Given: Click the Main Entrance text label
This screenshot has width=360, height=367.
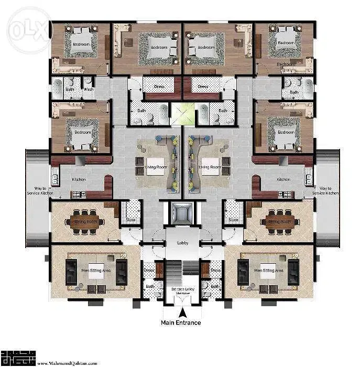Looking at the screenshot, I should (x=180, y=322).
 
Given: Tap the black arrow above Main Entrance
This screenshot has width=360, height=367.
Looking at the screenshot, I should (x=181, y=312).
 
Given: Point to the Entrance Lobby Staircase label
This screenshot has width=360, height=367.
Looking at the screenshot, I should (x=182, y=291).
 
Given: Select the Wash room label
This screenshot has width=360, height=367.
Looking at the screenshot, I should (x=89, y=89).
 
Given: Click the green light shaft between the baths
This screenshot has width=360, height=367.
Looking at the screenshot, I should (x=182, y=113).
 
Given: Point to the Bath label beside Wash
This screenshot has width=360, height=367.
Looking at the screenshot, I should (x=70, y=89).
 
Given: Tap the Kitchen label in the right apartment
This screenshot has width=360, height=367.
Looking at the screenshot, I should (x=282, y=180).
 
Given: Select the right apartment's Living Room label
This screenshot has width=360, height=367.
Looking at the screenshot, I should (x=210, y=167).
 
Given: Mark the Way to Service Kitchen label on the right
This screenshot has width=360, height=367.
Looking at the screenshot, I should (x=325, y=190).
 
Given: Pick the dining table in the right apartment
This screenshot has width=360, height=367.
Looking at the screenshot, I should (x=279, y=221).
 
